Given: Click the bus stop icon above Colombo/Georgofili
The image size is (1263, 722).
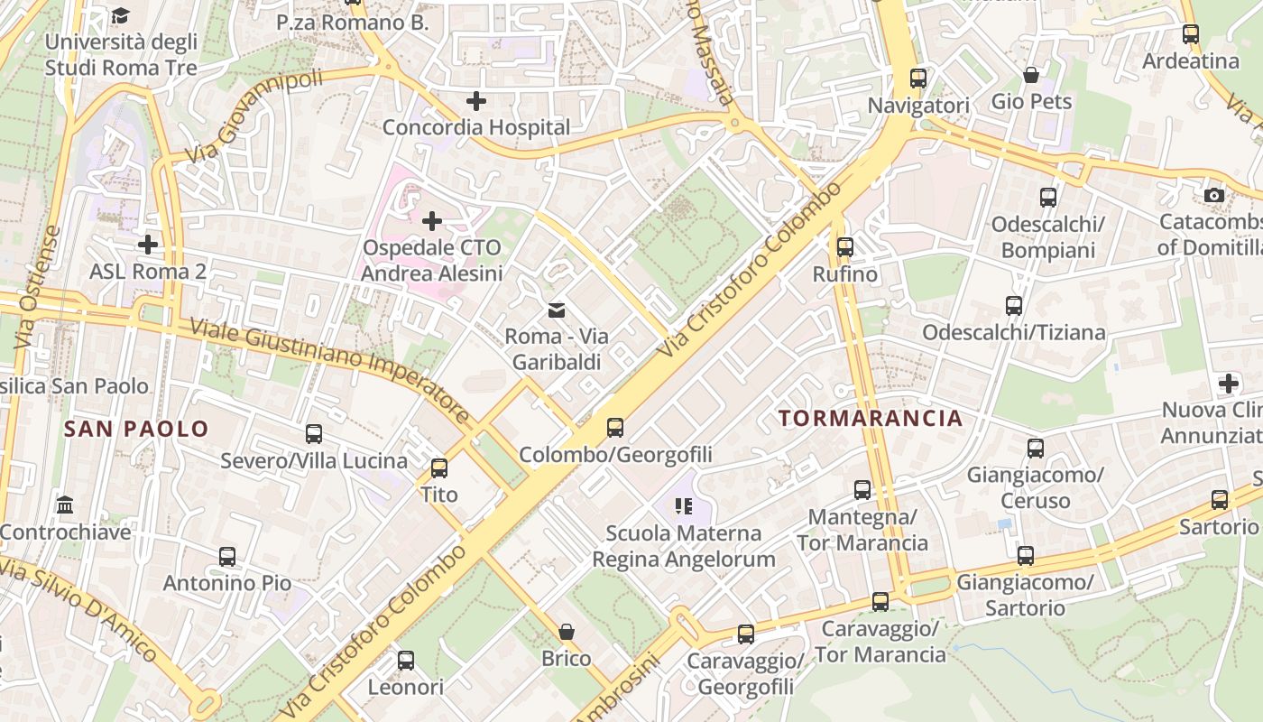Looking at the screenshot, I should (615, 428).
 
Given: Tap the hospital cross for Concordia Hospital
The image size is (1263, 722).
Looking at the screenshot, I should (475, 101).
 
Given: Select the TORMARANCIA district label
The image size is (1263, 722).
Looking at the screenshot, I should (871, 418).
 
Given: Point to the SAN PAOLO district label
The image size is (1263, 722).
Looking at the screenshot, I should (136, 429).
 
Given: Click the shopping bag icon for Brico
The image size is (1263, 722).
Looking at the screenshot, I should (567, 632).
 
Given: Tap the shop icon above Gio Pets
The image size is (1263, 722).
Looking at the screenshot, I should (1031, 75).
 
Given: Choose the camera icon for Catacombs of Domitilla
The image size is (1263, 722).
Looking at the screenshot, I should (1214, 195).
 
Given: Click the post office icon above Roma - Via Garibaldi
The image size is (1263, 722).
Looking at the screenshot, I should (557, 310).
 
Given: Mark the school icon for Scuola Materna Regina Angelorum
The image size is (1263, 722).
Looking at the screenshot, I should (683, 506).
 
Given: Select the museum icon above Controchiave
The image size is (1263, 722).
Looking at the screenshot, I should (65, 504).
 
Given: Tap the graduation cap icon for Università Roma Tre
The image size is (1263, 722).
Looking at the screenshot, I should (121, 15).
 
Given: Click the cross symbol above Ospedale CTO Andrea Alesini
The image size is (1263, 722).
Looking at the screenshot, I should (432, 220).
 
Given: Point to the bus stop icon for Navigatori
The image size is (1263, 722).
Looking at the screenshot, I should (918, 79).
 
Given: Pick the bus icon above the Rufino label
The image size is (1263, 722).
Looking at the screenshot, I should (844, 246).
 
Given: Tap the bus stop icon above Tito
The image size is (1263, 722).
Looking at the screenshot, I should (439, 468).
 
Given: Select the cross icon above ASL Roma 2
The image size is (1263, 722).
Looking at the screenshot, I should (148, 245).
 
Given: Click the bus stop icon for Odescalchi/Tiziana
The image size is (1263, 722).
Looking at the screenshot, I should (1014, 306).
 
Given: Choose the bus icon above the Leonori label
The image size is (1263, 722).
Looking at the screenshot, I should (406, 661).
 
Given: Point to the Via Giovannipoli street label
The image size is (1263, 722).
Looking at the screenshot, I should (254, 117).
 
